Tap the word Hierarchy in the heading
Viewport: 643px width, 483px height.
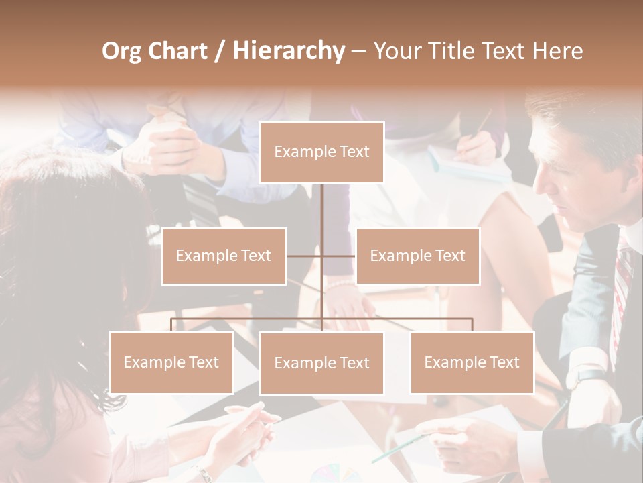(288, 51)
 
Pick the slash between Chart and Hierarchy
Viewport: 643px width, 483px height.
(220, 52)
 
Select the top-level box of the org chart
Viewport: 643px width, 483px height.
(321, 152)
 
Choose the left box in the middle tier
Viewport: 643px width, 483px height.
(224, 256)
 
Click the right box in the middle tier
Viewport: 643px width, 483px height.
(417, 256)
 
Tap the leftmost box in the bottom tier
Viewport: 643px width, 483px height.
(171, 362)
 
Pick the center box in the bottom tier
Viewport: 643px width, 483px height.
(321, 363)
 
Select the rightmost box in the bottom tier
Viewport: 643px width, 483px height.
(472, 362)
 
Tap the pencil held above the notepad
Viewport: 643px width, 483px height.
(482, 124)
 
